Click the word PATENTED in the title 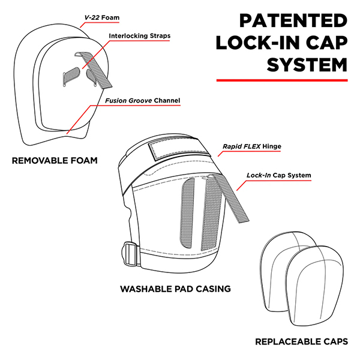[x=293, y=22]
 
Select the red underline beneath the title [x=282, y=79]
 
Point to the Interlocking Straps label [x=139, y=36]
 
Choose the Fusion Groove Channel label [x=143, y=100]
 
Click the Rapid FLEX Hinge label [x=251, y=146]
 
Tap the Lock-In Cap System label [x=278, y=176]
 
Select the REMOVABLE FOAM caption [x=54, y=161]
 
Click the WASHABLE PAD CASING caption [x=175, y=289]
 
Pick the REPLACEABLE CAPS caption [x=301, y=341]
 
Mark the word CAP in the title [x=326, y=43]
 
